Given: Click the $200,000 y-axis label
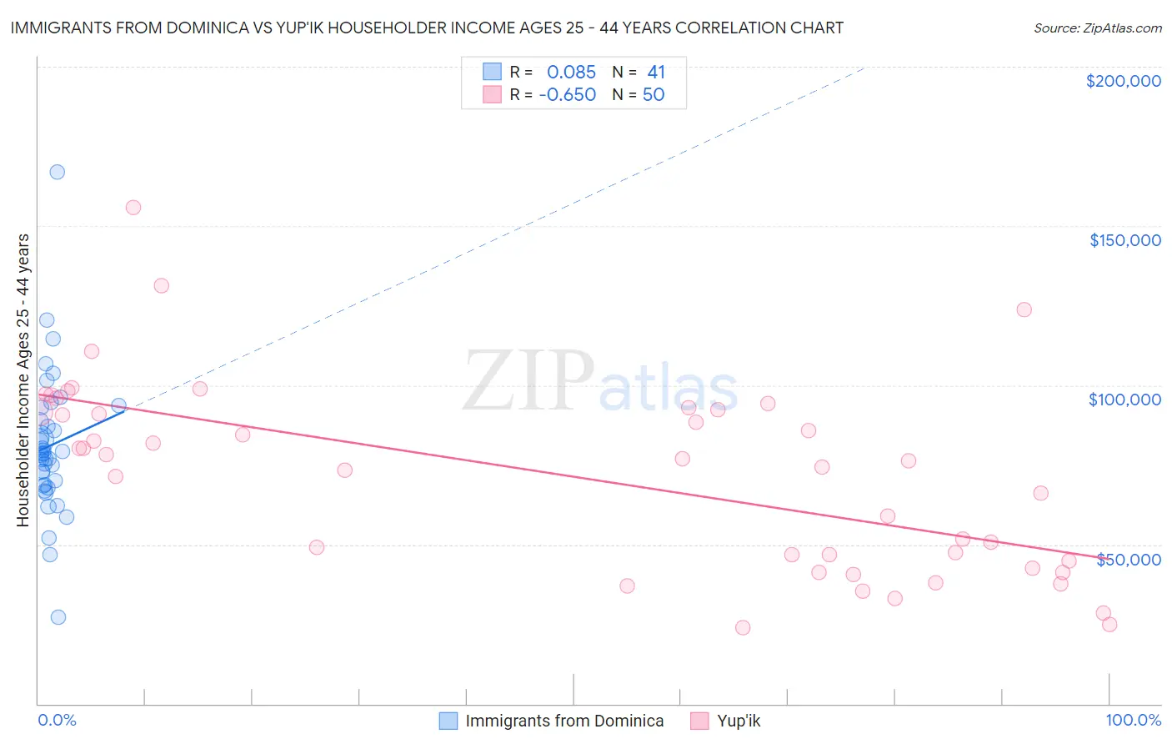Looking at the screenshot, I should point(1123,81).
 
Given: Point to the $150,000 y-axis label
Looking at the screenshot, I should point(1124,240).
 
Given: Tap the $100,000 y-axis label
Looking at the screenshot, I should point(1124,400).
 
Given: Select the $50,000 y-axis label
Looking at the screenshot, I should point(1128,559).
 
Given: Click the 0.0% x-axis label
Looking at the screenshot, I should point(57,720).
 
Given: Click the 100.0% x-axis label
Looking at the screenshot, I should point(1133,720).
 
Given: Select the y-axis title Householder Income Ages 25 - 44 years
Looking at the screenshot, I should point(23,380).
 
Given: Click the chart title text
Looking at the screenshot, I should point(427,28).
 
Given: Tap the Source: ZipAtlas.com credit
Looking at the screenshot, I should point(1097,28).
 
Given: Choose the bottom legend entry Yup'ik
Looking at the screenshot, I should point(738,721).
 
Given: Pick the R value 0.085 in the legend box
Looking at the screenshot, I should point(571,73).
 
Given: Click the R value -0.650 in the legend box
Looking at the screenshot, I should point(568,95).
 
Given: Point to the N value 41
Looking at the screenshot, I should point(656,73).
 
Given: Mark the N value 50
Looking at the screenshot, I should point(654,95).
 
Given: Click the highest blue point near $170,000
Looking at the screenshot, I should point(58,172).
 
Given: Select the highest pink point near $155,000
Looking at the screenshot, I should point(133,208).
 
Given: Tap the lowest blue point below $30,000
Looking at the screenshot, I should point(58,617).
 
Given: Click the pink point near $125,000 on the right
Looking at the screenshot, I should point(1024,309).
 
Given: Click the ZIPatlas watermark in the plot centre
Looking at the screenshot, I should point(600,382).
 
